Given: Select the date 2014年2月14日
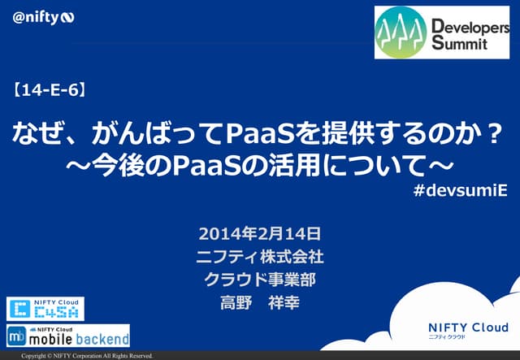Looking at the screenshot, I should point(260,234).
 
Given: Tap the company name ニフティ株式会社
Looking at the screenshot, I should point(260,257).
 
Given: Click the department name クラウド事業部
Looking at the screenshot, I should point(260,280).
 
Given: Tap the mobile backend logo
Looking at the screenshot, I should point(68,335).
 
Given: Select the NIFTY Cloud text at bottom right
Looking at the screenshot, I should point(467,327).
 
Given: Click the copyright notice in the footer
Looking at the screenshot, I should point(87,356).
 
